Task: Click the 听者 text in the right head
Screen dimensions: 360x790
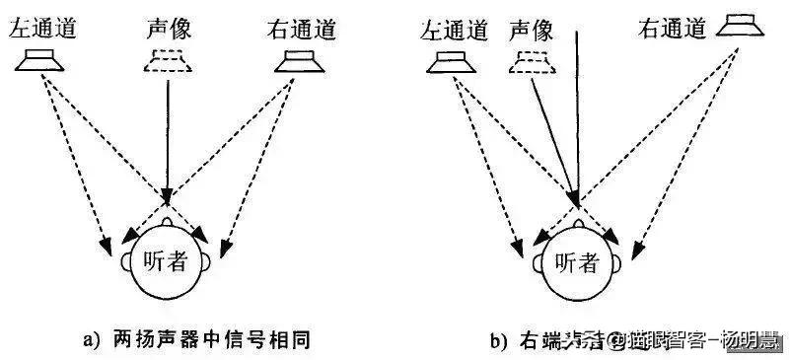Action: pos(578,262)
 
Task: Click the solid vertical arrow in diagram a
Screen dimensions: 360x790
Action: pos(169,138)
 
